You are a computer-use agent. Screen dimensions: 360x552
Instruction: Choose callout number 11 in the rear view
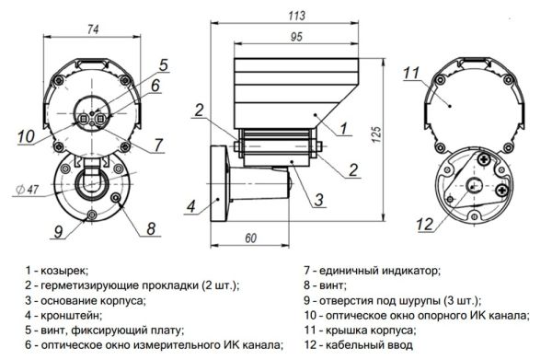[410, 73]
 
